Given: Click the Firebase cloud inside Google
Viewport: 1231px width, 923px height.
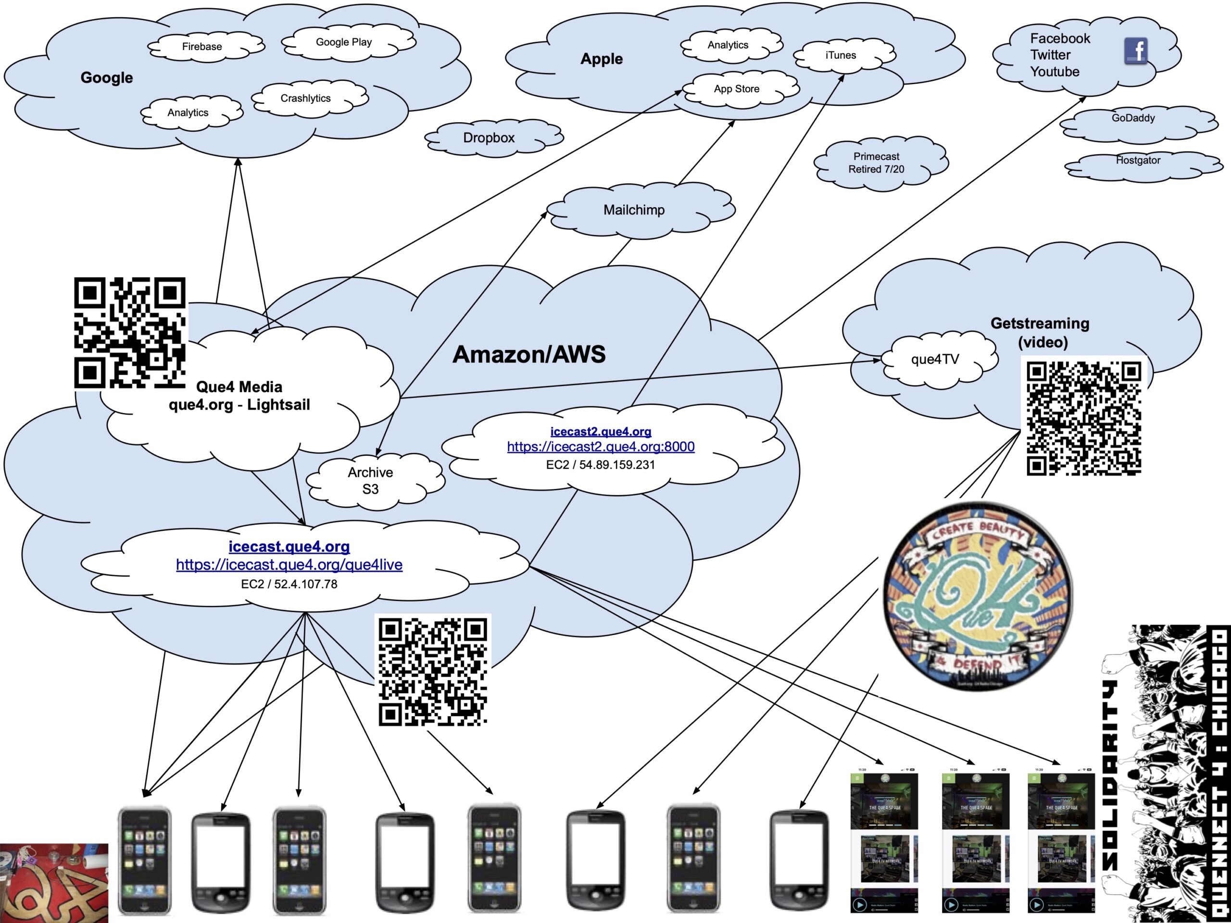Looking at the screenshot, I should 202,47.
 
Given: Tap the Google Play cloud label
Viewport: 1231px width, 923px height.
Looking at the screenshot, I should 343,42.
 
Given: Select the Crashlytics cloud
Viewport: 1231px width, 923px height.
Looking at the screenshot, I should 305,99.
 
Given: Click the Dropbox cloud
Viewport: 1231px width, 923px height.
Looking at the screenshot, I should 489,138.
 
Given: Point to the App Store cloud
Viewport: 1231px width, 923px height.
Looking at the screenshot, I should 736,89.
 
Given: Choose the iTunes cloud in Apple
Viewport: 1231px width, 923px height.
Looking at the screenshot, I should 841,56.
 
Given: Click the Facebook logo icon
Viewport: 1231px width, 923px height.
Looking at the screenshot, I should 1135,51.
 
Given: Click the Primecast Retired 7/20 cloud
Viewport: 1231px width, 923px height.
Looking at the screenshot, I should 876,163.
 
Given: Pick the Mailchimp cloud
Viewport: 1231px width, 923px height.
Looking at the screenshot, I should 634,210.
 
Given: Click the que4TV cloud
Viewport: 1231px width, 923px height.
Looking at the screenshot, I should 935,360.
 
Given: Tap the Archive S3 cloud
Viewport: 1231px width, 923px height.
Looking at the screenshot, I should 371,481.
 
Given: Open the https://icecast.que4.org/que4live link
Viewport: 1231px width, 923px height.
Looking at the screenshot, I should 289,565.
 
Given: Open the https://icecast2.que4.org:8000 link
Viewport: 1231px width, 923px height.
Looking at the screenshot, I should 601,447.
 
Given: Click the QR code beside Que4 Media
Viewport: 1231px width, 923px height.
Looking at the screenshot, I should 130,333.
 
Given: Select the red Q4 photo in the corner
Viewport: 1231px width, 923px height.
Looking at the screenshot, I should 54,883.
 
